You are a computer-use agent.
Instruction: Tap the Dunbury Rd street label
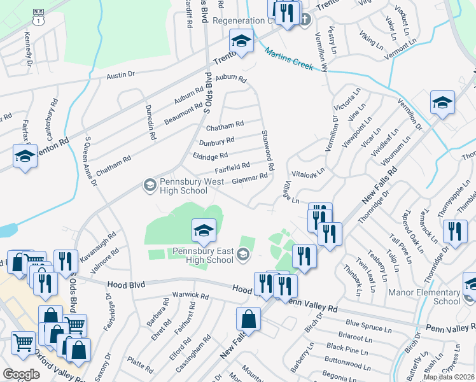tap(216, 141)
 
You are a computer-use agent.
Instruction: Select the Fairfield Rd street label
tap(232, 167)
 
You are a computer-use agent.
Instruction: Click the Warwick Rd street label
tap(190, 296)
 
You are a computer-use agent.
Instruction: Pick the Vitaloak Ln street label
tap(308, 171)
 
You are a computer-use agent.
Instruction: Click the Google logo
tap(21, 374)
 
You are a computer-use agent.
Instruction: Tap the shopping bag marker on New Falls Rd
tap(248, 320)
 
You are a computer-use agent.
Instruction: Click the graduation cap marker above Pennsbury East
tap(204, 231)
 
